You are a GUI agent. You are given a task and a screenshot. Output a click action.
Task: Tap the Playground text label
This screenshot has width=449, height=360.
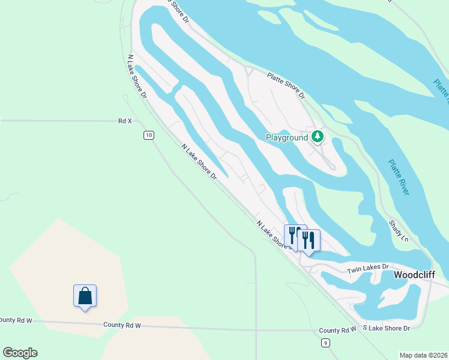(286, 137)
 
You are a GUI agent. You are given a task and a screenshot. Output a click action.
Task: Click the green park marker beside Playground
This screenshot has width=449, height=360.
(318, 137)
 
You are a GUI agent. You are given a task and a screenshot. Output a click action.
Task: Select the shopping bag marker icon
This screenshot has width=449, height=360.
(85, 295)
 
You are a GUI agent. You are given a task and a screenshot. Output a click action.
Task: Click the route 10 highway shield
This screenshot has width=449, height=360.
(148, 136)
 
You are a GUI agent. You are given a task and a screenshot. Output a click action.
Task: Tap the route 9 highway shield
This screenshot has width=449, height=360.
(325, 343)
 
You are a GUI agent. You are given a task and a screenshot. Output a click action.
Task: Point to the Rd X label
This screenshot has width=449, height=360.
(125, 121)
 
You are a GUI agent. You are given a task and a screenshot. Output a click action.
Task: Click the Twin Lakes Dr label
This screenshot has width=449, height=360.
(369, 269)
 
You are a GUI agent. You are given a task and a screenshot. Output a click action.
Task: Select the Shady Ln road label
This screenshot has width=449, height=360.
(398, 230)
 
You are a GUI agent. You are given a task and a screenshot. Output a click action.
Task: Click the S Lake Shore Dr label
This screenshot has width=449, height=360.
(386, 328)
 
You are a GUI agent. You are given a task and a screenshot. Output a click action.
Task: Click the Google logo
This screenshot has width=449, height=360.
(20, 353)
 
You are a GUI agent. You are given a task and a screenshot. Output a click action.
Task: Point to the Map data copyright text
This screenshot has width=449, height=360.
(423, 355)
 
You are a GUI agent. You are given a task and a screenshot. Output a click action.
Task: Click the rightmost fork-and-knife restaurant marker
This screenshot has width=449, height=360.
(309, 240)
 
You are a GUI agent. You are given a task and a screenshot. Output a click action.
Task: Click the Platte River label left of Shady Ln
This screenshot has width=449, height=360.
(399, 177)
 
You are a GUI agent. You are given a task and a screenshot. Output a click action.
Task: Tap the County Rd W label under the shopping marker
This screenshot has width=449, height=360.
(121, 325)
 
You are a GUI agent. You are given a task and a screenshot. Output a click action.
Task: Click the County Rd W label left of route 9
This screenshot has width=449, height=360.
(337, 330)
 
